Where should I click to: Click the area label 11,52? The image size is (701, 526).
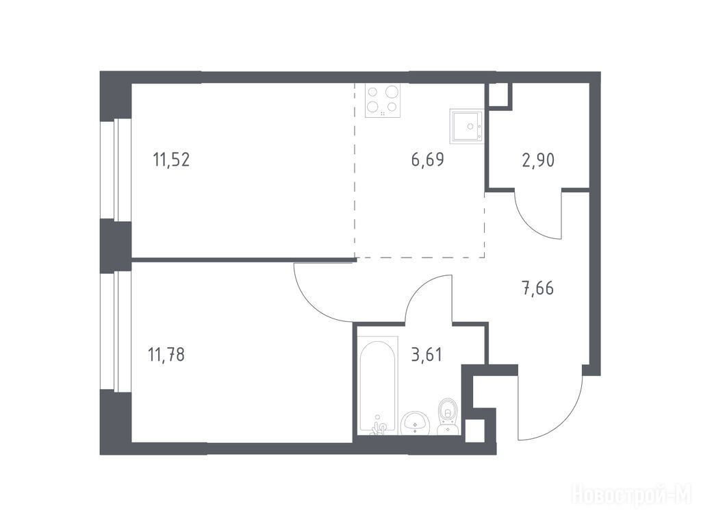click(x=171, y=159)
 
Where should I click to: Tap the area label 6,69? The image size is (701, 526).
click(x=427, y=159)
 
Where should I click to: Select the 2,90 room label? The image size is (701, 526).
click(x=538, y=160)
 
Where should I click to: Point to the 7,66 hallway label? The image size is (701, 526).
click(x=538, y=288)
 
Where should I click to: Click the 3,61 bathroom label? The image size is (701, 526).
click(x=427, y=354)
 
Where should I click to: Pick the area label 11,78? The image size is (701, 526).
click(x=166, y=355)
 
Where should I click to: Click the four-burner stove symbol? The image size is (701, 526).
click(x=383, y=101)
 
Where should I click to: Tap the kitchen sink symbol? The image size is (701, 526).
click(x=467, y=126)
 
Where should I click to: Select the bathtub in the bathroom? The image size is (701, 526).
click(x=378, y=386)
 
